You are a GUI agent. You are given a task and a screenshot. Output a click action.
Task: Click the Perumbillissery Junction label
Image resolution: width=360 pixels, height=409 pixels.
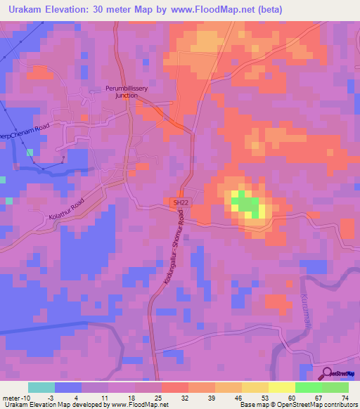pos(124,93)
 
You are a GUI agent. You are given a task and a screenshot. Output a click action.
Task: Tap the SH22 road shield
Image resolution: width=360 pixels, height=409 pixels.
pos(181,202)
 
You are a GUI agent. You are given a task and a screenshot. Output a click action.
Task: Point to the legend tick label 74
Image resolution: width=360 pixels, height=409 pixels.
pos(344,398)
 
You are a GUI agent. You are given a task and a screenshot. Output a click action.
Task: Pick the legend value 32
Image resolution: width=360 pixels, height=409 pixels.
pos(184,398)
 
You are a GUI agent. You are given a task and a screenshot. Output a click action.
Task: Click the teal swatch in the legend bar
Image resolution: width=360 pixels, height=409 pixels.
pos(41,387)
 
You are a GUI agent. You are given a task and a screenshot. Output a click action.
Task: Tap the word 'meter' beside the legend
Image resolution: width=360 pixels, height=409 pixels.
pos(10,398)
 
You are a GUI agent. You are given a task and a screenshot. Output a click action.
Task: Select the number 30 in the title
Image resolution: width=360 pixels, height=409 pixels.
pos(98,10)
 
